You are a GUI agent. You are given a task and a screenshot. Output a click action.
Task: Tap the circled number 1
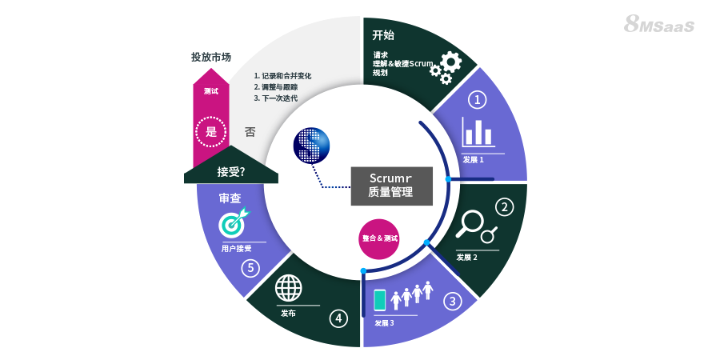click(x=477, y=100)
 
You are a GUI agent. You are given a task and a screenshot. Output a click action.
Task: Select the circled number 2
click(x=504, y=207)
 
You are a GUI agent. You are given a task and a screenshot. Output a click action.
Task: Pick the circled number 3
click(x=453, y=302)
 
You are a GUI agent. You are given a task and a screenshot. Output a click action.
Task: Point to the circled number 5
click(x=251, y=268)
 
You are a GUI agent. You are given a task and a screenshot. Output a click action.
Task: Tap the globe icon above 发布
click(x=287, y=287)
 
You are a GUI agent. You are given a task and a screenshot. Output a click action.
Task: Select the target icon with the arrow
click(x=234, y=222)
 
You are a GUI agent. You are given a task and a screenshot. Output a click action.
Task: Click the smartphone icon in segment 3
click(x=380, y=299)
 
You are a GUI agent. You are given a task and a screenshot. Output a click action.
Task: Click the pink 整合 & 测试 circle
click(x=379, y=238)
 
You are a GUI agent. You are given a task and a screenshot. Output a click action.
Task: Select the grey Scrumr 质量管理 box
click(x=390, y=185)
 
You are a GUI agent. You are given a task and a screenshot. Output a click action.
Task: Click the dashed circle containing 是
click(x=211, y=132)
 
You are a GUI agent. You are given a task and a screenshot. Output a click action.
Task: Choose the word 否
click(x=250, y=132)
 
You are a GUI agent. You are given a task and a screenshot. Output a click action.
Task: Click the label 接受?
click(x=230, y=171)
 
